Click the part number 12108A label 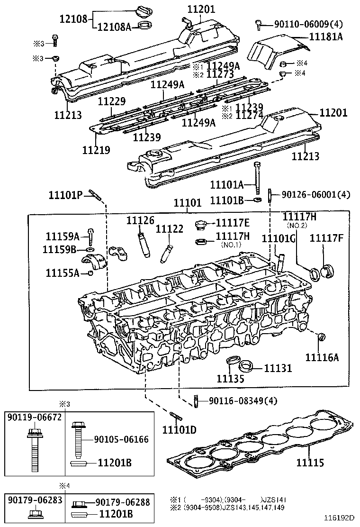point(114,27)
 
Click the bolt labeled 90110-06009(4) point(258,23)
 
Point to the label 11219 point(96,150)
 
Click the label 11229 point(112,101)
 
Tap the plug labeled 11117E point(201,224)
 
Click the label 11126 point(140,221)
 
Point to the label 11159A point(63,236)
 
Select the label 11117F point(326,238)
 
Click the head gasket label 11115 point(311,461)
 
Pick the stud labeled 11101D point(176,417)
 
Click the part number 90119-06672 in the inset point(34,418)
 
